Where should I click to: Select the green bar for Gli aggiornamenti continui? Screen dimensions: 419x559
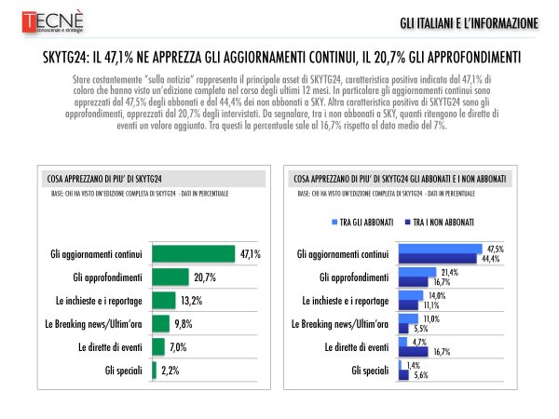[x=193, y=253]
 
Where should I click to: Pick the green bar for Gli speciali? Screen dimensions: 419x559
[x=154, y=371]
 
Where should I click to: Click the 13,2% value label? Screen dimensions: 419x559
[x=189, y=300]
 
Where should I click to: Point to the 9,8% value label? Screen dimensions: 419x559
[x=184, y=323]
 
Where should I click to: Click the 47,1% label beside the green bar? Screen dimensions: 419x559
[x=249, y=253]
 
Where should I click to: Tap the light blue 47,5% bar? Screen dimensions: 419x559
[x=441, y=249]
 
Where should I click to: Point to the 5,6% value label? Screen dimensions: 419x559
[x=420, y=375]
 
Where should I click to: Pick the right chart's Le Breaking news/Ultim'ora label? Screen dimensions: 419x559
[x=341, y=323]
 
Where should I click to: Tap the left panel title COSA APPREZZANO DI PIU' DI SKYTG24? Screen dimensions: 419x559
[x=104, y=176]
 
